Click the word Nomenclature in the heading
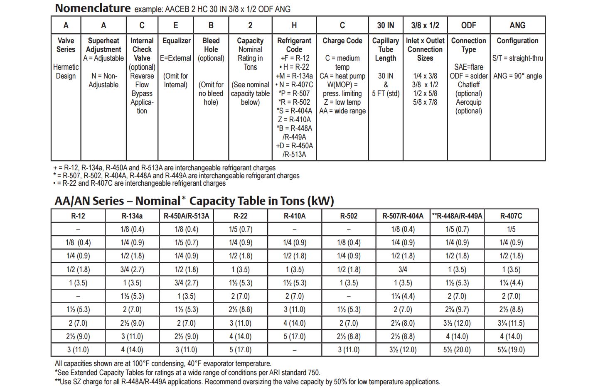click(x=93, y=8)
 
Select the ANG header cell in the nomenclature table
click(x=517, y=25)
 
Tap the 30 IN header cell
click(x=386, y=25)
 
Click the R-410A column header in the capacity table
click(x=294, y=216)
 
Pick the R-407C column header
click(x=511, y=216)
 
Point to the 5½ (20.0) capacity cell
click(x=457, y=350)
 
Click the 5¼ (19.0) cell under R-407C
click(x=511, y=350)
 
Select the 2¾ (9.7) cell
click(x=457, y=309)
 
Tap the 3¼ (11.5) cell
click(x=511, y=323)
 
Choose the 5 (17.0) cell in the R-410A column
click(x=294, y=336)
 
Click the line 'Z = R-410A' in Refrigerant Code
click(x=294, y=119)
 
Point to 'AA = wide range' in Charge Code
click(x=342, y=111)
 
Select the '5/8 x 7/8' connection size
click(x=425, y=102)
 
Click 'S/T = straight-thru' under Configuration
click(x=517, y=58)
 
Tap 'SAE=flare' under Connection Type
click(x=469, y=67)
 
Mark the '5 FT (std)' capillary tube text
click(x=386, y=93)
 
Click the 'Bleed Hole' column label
click(x=211, y=45)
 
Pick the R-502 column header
click(x=349, y=216)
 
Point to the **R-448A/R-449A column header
click(x=457, y=216)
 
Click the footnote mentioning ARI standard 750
click(x=187, y=373)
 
